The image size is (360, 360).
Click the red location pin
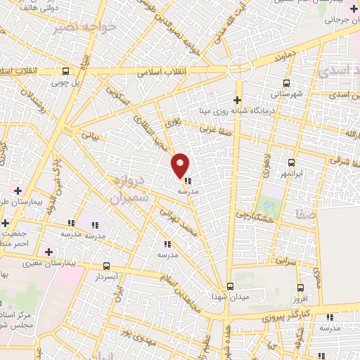pos(181,165)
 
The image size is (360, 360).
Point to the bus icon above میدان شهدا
pos(230,287)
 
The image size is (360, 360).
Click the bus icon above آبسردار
pos(106,266)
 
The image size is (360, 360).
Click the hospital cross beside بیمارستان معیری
pos(49,251)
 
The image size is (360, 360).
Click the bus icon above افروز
pos(301,288)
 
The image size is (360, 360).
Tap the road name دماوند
pos(275,54)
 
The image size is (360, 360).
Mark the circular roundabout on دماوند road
pos(239,68)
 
